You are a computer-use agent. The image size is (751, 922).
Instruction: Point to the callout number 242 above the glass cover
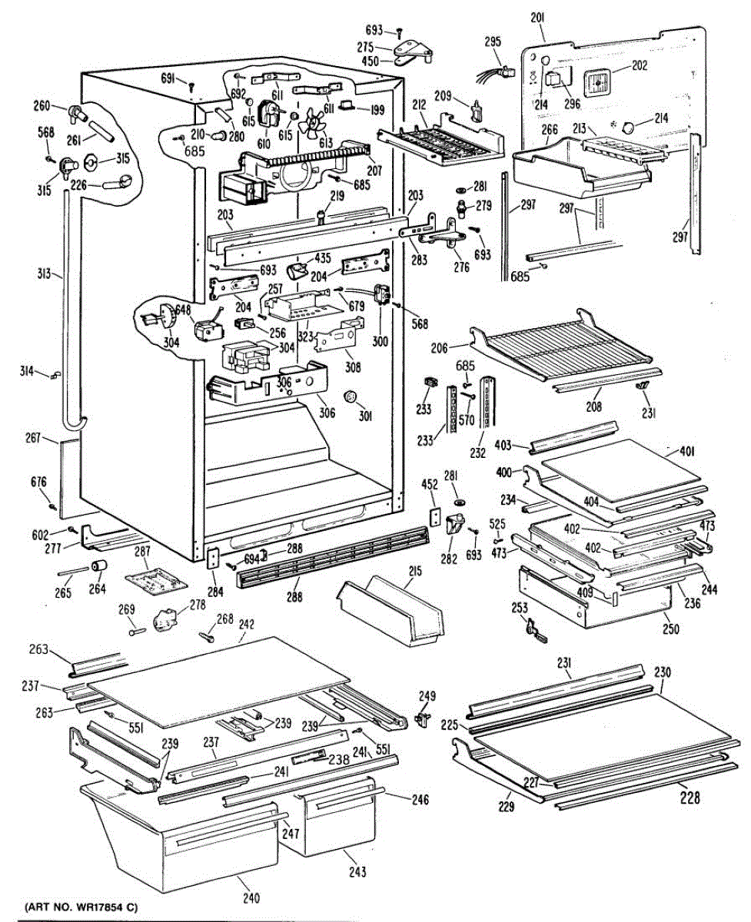[x=246, y=625]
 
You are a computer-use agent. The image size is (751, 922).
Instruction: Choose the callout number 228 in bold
[x=690, y=799]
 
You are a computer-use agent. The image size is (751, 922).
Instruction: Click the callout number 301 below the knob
[x=364, y=418]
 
